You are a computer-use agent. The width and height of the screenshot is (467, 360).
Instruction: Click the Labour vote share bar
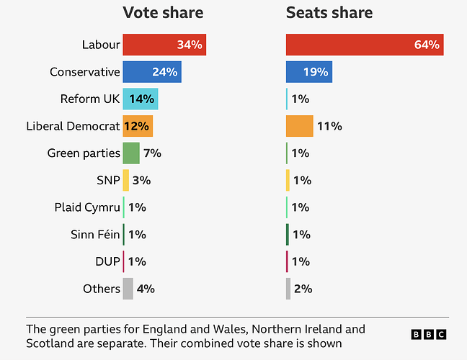tap(164, 45)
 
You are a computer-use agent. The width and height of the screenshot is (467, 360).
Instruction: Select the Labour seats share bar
tap(365, 45)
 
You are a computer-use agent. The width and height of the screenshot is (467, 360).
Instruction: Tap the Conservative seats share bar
tap(309, 72)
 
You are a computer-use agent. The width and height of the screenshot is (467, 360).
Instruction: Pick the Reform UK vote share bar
tap(141, 99)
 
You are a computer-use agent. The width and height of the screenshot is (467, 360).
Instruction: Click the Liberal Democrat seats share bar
tap(300, 126)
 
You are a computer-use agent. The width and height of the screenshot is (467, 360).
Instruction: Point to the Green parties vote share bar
tap(131, 153)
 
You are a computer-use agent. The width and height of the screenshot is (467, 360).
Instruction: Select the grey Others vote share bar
tap(128, 289)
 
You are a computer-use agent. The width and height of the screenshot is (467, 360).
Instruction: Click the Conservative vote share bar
tap(152, 72)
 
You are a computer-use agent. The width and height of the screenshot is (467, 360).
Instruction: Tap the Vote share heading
tap(163, 13)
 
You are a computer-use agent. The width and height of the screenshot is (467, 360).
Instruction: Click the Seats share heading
tap(329, 13)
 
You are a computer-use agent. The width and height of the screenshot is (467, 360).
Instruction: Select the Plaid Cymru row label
tap(87, 207)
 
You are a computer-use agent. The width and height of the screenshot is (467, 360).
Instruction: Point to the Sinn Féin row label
tap(95, 235)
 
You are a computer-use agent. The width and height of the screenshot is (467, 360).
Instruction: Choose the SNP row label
tap(107, 180)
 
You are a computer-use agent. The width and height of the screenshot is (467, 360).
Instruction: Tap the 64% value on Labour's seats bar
tap(427, 45)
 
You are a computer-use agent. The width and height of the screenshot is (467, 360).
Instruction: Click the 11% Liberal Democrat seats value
tap(329, 126)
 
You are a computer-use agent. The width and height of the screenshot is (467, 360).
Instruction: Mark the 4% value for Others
tap(146, 289)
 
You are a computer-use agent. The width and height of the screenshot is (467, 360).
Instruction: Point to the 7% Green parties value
tap(151, 153)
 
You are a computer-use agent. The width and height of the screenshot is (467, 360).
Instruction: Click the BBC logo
tap(429, 334)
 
